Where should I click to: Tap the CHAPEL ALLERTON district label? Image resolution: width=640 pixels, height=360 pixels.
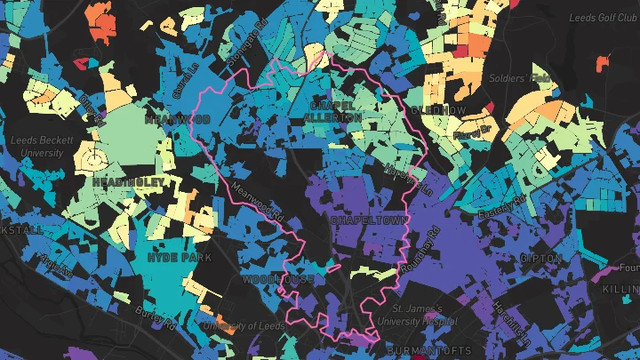point(333,110)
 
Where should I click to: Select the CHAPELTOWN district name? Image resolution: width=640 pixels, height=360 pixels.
point(368,219)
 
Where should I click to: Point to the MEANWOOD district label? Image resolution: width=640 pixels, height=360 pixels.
point(175,118)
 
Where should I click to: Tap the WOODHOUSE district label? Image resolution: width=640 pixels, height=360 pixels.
point(278,279)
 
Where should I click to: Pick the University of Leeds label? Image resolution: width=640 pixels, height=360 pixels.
point(243,325)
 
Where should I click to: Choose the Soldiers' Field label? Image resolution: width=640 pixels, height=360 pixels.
point(520,78)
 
